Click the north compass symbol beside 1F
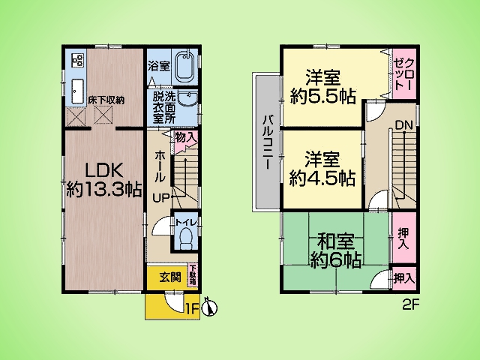(210, 307)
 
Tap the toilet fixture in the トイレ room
(185, 239)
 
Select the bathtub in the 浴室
(184, 67)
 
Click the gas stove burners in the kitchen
(77, 60)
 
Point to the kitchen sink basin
(77, 92)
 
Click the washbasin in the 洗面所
(187, 98)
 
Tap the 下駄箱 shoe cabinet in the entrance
(193, 274)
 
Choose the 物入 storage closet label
(185, 137)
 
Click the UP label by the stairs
(160, 199)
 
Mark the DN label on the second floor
(403, 125)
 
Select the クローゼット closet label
(404, 73)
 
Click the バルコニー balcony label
(268, 142)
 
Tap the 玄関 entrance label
(170, 277)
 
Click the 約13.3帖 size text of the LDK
(104, 190)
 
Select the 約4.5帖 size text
(322, 178)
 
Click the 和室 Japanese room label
(335, 241)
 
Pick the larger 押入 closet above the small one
(403, 238)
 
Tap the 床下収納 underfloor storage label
(106, 100)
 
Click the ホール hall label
(160, 166)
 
